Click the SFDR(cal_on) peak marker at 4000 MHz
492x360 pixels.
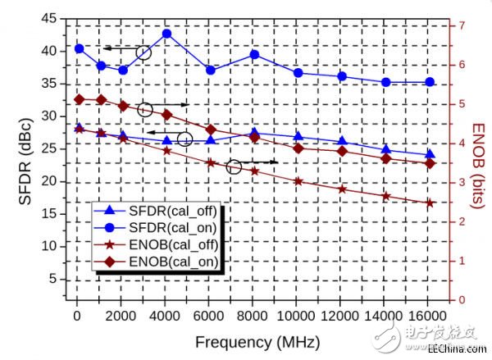pos(166,34)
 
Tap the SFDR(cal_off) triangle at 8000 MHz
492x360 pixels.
pos(254,133)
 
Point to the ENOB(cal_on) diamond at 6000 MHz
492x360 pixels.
pos(211,130)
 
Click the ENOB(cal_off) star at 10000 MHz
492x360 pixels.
pos(298,181)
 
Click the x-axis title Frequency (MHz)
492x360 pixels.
pos(257,342)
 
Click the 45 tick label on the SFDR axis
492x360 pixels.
pos(50,18)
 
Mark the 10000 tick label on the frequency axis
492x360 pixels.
pos(298,316)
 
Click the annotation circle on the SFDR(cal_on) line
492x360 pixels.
pos(144,53)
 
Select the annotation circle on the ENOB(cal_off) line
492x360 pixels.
pos(234,167)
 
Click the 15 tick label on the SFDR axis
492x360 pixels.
pos(50,213)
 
